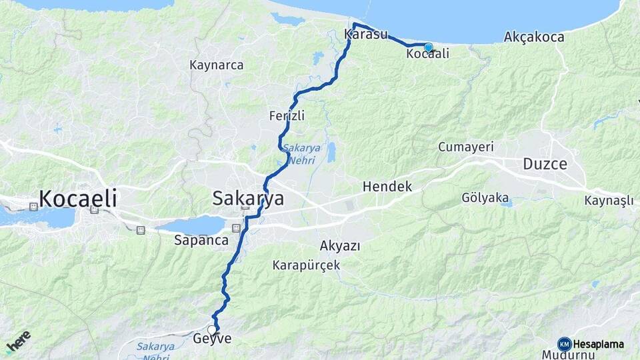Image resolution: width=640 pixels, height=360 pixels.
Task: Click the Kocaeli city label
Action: coord(78,198)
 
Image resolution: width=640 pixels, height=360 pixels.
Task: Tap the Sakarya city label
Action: coord(248,198)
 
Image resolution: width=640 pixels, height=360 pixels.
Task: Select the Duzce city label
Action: coord(545,163)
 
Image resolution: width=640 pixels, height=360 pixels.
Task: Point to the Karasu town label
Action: coord(366,34)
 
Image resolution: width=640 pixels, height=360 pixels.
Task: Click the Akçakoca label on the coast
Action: coord(535,36)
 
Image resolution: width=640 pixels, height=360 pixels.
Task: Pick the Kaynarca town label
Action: coord(217,65)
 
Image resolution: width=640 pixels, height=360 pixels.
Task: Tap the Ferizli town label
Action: coord(287,115)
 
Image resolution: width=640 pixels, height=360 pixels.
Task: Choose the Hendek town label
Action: coord(387,187)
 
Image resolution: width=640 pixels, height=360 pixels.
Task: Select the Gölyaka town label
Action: coord(485,198)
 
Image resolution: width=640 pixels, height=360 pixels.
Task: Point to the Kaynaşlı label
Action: coord(609,201)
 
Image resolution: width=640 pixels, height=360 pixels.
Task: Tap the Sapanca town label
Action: coord(202,240)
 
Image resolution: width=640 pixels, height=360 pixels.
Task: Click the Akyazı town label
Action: coord(340,246)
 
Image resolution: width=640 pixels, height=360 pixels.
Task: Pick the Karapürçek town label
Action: coord(306,265)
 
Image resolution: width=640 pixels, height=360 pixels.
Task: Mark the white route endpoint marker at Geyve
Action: coord(212,330)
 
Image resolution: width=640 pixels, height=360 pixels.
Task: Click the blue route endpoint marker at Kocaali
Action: coord(429,47)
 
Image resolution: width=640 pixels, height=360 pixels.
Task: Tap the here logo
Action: coord(18,342)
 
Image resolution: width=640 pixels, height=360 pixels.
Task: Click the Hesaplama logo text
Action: coord(598,344)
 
